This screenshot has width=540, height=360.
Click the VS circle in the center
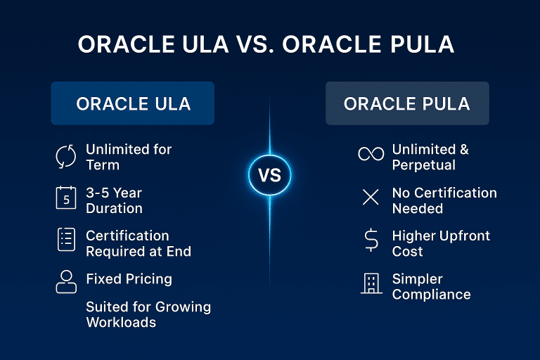(x=269, y=175)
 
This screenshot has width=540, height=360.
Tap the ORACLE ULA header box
(x=133, y=103)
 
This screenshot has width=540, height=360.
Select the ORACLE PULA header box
(x=407, y=103)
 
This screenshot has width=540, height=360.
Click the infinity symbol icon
(x=370, y=154)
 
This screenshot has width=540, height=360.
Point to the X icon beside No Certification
(x=370, y=198)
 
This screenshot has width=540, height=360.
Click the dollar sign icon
(x=370, y=241)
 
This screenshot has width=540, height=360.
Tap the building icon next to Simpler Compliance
(x=370, y=284)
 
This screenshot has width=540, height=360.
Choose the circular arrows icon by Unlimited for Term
(x=65, y=156)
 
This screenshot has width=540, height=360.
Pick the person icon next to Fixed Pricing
(x=65, y=281)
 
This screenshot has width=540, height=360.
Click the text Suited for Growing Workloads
(x=148, y=314)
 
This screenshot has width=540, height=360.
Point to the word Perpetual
(x=423, y=165)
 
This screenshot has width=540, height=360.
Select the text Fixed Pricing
(x=129, y=279)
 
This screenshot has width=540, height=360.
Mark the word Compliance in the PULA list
(x=431, y=295)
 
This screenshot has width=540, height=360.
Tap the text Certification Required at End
(x=138, y=243)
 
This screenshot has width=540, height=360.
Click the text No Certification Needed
(x=444, y=200)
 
